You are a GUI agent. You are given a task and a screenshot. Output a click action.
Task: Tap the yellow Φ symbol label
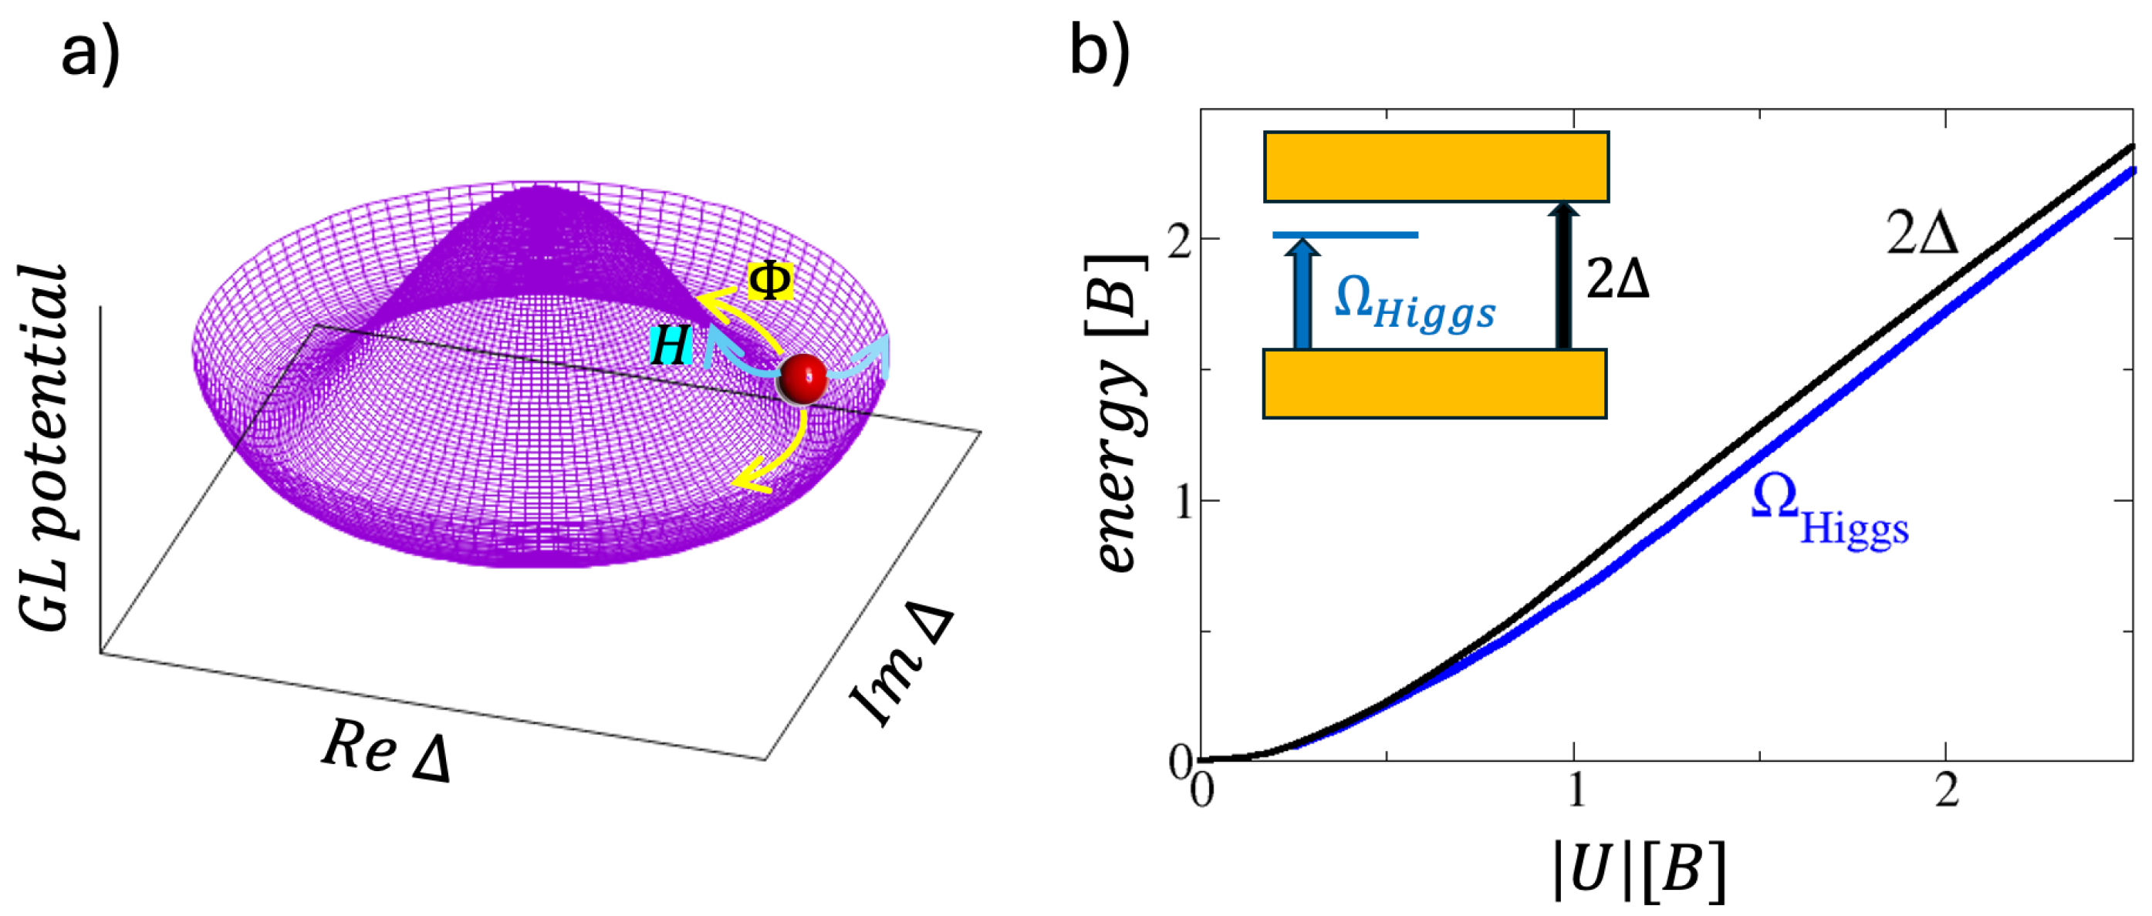click(x=769, y=281)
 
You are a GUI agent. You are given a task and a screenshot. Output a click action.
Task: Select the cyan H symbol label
click(x=671, y=345)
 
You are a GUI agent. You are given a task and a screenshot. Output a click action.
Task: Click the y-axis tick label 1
click(x=1181, y=501)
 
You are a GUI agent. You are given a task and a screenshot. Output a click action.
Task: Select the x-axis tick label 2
click(x=1947, y=789)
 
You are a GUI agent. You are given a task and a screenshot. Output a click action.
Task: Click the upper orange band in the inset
click(x=1435, y=167)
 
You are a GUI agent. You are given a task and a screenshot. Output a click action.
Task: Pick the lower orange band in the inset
click(x=1434, y=383)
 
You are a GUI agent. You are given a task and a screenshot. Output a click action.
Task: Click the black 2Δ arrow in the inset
click(x=1562, y=275)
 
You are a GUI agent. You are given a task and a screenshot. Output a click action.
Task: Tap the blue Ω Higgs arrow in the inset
click(x=1302, y=294)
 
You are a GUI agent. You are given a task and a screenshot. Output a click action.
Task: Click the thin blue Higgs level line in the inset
click(x=1345, y=235)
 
